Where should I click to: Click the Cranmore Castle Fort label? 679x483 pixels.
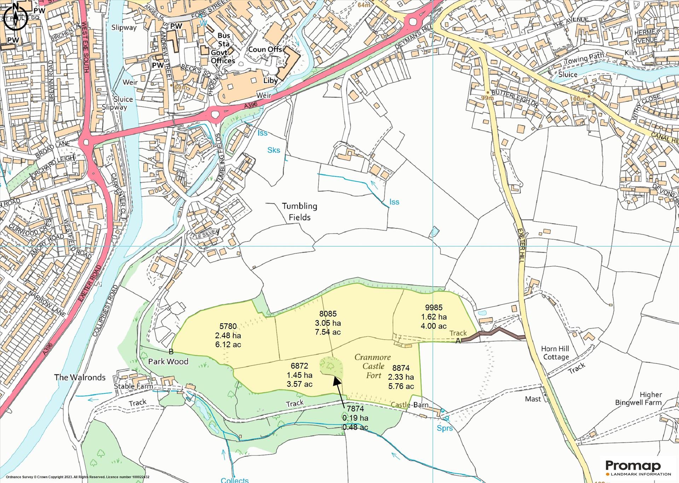[373, 366]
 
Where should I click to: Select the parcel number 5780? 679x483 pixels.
[228, 326]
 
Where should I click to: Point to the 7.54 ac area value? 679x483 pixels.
[328, 332]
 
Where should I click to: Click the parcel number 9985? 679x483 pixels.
[434, 307]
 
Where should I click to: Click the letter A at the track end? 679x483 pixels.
[458, 341]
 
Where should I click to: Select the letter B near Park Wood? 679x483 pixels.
[171, 352]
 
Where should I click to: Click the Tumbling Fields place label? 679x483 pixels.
[300, 212]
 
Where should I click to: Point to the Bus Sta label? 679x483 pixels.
[224, 40]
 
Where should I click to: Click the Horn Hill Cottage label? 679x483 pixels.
[555, 353]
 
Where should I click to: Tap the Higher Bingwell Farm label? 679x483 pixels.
[638, 399]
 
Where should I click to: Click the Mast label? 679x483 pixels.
[533, 399]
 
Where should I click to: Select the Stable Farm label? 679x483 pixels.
[133, 386]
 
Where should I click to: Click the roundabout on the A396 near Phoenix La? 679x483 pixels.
[215, 114]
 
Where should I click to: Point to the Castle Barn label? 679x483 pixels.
[410, 405]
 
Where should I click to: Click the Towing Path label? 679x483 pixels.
[584, 59]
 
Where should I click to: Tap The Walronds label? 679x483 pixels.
[80, 377]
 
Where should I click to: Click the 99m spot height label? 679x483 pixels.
[487, 98]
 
